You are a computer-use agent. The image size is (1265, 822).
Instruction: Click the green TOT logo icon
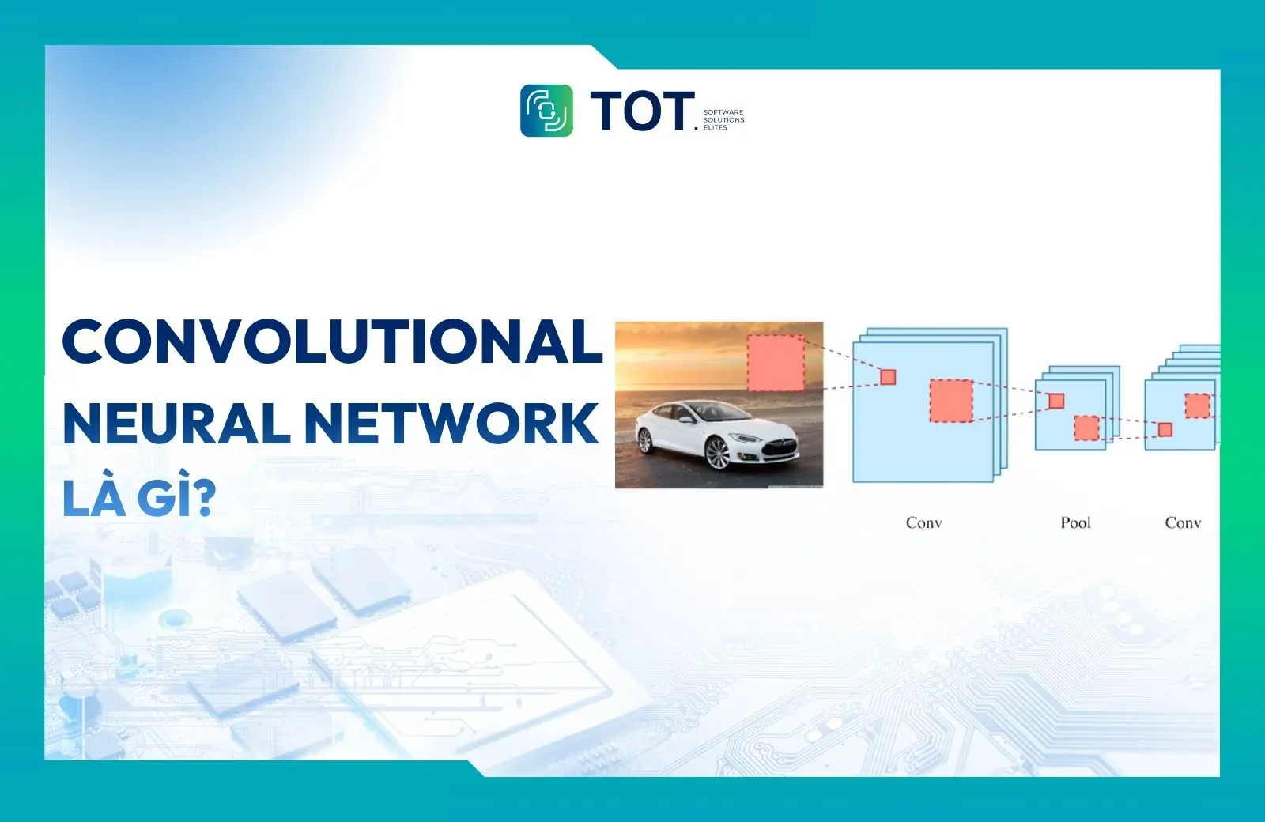tap(546, 111)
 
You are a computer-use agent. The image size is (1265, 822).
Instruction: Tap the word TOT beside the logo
tap(641, 111)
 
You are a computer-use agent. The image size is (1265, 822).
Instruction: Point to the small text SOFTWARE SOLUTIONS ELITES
tap(723, 120)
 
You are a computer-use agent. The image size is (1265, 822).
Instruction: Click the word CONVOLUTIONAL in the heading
tap(332, 341)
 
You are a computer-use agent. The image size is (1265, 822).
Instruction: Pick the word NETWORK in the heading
tap(451, 424)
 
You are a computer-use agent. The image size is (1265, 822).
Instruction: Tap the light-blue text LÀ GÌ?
tap(139, 498)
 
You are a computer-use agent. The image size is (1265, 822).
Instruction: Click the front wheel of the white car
tap(718, 453)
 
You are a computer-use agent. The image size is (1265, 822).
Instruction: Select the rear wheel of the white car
tap(645, 440)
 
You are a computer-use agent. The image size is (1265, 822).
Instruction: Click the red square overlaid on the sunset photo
tap(776, 363)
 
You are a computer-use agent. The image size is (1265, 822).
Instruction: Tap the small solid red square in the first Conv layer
tap(888, 377)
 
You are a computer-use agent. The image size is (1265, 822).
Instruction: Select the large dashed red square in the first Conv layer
tap(951, 401)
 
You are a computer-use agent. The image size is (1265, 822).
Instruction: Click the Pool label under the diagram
tap(1075, 522)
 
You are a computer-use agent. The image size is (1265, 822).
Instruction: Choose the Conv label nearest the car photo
tap(923, 522)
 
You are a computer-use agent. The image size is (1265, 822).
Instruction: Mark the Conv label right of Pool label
tap(1183, 522)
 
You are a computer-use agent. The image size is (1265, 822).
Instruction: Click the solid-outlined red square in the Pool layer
tap(1056, 401)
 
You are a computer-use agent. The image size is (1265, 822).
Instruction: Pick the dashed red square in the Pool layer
tap(1086, 428)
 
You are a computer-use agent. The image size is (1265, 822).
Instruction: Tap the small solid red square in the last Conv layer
tap(1165, 429)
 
